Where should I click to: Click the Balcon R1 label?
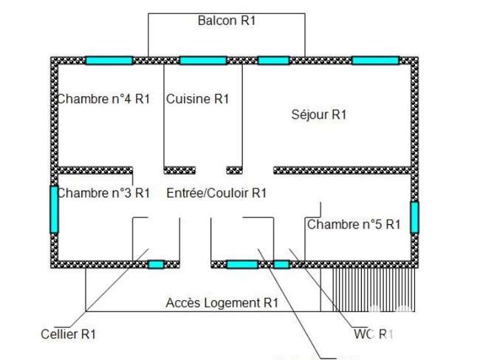[227, 21]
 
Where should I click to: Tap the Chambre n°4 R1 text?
[103, 99]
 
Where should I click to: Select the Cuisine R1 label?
[197, 99]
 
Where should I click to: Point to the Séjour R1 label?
[319, 115]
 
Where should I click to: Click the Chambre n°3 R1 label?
[103, 193]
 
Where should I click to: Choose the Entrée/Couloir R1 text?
[216, 193]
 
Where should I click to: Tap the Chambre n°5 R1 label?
[354, 225]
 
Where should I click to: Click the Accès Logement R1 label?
[222, 303]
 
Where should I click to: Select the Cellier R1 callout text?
[68, 334]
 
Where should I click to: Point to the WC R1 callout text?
[373, 334]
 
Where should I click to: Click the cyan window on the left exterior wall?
[54, 209]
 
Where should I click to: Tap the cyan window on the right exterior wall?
[414, 217]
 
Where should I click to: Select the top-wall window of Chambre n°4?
[109, 61]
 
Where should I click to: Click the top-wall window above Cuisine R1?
[203, 61]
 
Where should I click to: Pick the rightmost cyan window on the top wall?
[376, 61]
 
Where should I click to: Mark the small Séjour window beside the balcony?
[274, 61]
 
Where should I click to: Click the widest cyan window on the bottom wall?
[242, 264]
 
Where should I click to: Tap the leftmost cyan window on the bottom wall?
[156, 264]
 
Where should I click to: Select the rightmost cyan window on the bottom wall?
[281, 264]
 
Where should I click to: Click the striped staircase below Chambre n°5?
[374, 291]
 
